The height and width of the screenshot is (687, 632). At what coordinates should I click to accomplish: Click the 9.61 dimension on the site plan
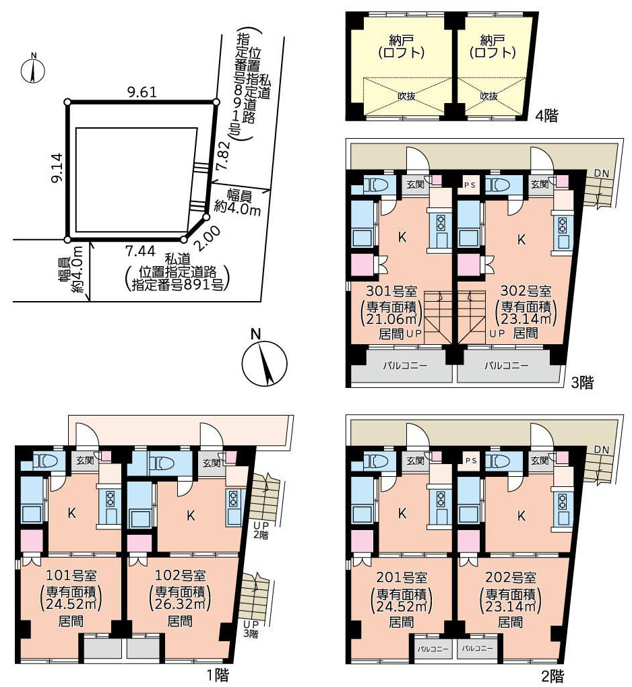pyautogui.click(x=141, y=92)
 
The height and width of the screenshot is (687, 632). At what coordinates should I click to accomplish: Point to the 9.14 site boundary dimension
pyautogui.click(x=57, y=168)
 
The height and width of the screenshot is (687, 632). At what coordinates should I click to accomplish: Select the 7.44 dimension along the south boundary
pyautogui.click(x=140, y=251)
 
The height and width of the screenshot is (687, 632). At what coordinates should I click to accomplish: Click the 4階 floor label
pyautogui.click(x=546, y=116)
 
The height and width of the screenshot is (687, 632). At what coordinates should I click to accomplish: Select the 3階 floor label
pyautogui.click(x=582, y=383)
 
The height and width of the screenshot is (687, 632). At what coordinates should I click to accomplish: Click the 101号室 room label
pyautogui.click(x=71, y=575)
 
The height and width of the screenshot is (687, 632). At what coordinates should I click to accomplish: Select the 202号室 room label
pyautogui.click(x=511, y=577)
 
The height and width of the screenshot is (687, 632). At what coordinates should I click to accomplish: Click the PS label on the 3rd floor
pyautogui.click(x=470, y=185)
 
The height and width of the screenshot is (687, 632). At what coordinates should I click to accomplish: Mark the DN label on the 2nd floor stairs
pyautogui.click(x=602, y=449)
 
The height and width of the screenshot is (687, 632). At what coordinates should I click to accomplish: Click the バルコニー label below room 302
pyautogui.click(x=506, y=365)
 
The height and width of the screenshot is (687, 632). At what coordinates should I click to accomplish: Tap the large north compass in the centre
pyautogui.click(x=264, y=364)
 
